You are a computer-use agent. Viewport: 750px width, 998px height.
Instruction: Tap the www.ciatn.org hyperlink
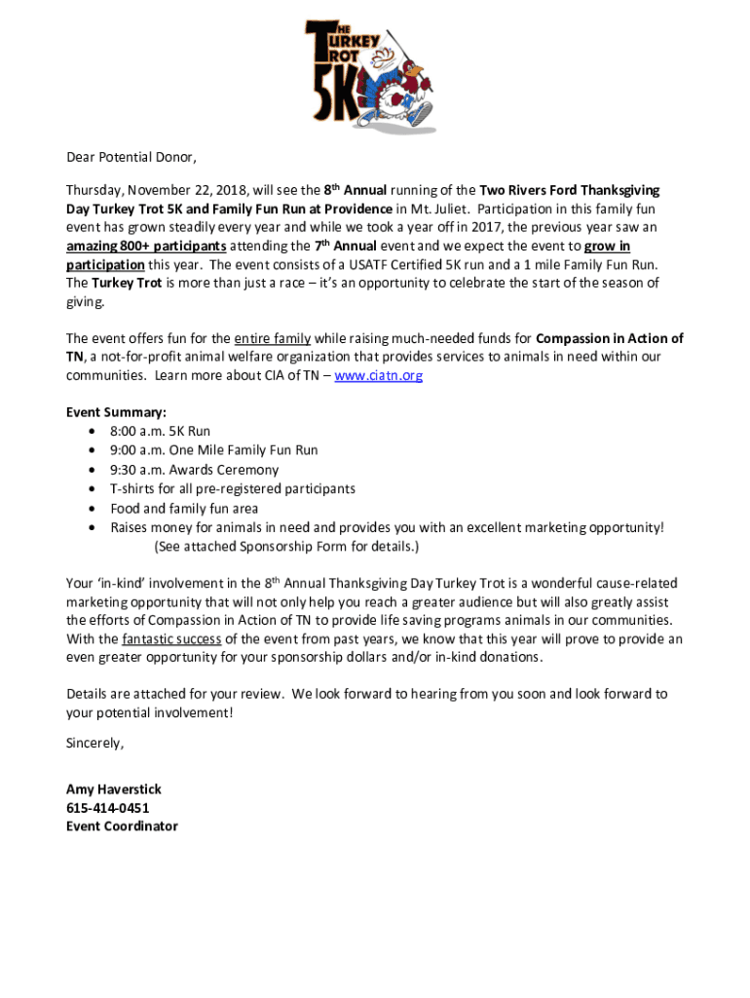point(378,375)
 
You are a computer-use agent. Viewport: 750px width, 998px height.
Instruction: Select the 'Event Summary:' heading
point(115,412)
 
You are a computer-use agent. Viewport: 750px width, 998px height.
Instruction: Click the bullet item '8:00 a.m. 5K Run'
point(160,431)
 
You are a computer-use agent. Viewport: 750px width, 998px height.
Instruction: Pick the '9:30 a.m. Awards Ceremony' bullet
point(194,470)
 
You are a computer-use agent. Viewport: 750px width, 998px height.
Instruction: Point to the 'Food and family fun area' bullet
point(184,509)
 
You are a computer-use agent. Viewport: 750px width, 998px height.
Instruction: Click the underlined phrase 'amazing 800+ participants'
point(146,246)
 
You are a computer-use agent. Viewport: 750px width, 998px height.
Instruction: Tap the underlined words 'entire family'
point(272,339)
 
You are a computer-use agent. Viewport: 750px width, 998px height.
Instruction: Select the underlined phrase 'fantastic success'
point(170,639)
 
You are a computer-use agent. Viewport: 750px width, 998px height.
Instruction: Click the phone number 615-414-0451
point(107,808)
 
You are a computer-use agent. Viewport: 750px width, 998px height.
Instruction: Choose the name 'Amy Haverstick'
point(113,789)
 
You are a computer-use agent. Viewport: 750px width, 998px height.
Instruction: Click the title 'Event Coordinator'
point(122,826)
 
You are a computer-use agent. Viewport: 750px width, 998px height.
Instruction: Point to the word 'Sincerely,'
point(94,743)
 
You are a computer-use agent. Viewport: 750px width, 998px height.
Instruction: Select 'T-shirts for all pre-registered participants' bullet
point(232,489)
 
